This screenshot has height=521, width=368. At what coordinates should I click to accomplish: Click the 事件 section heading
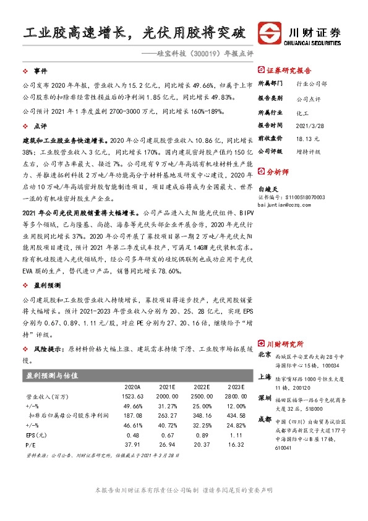(x=41, y=71)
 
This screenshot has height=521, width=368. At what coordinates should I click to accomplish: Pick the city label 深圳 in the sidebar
(x=265, y=397)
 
